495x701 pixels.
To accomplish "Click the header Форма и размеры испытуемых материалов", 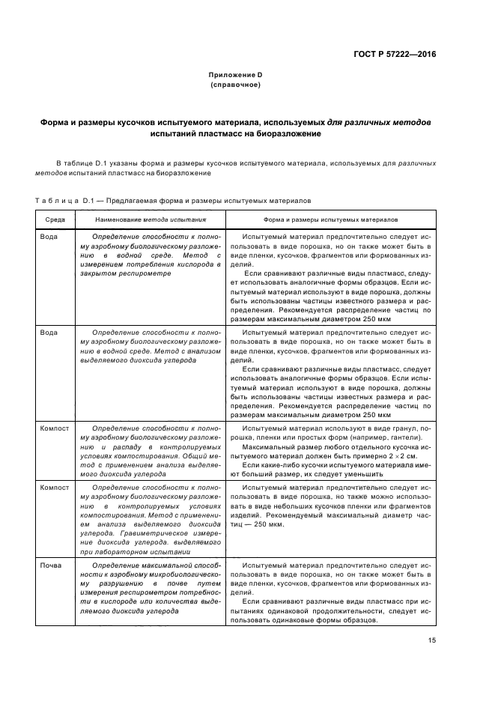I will click(330, 219).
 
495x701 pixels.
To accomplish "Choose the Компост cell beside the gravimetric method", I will click(55, 488).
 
